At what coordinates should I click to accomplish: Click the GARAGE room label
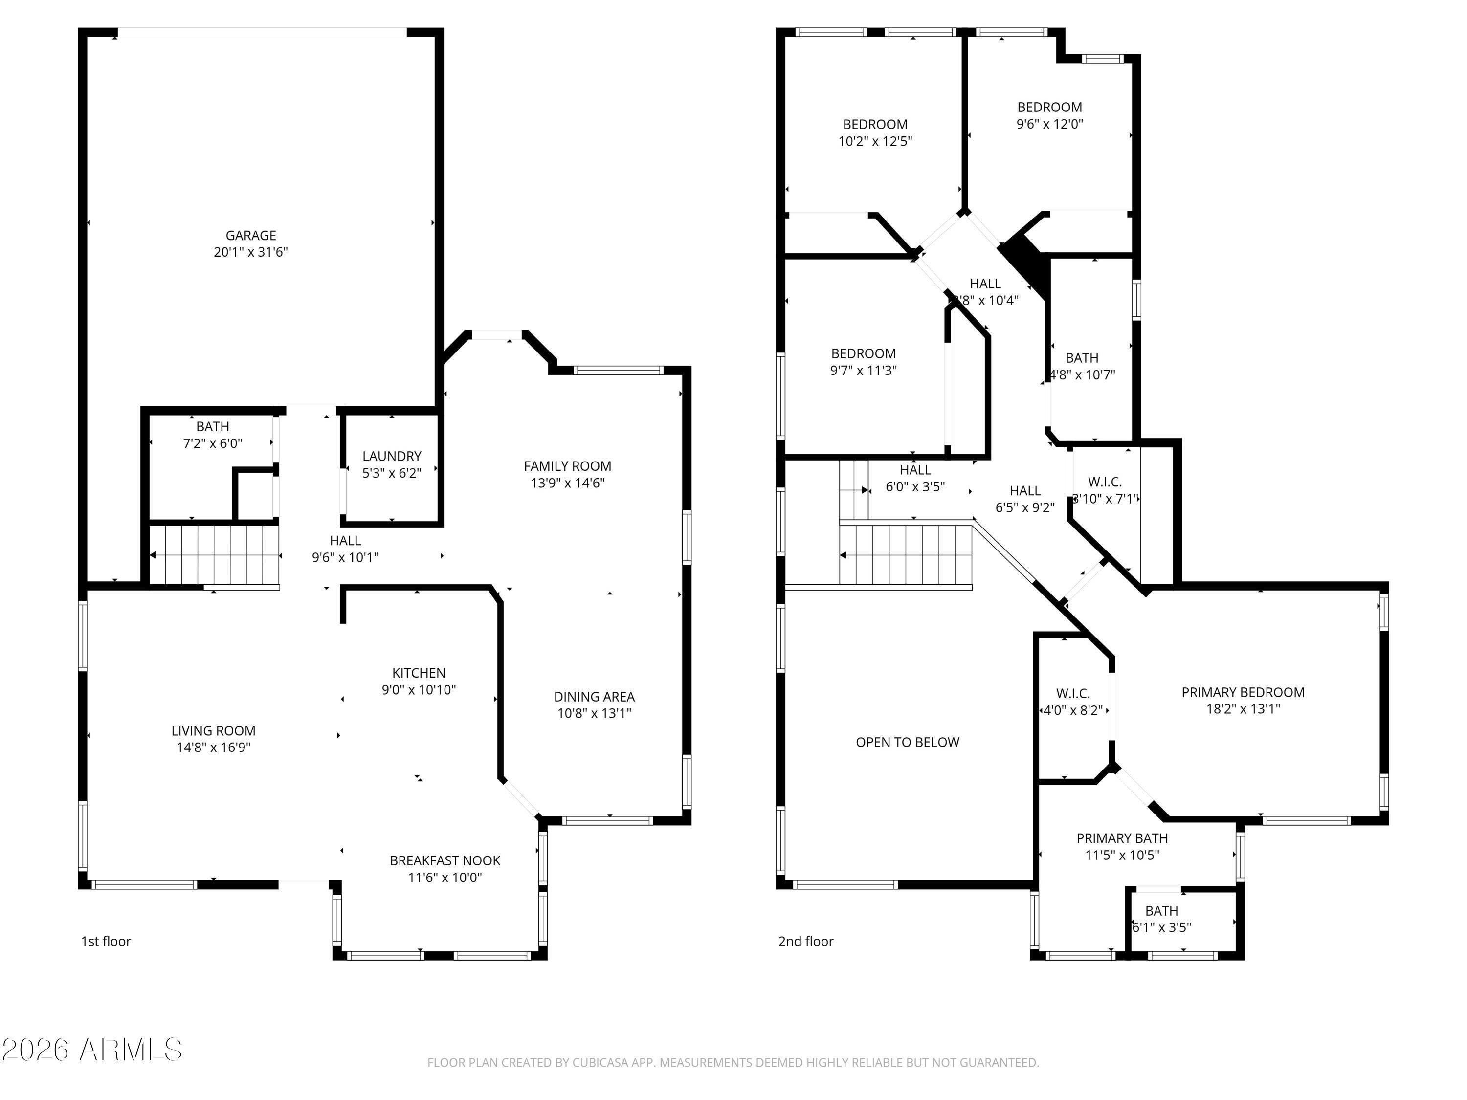coord(251,235)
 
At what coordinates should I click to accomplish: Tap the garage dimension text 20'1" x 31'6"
coord(251,252)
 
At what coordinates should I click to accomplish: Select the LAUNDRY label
coord(392,456)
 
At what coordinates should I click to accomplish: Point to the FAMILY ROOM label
coord(568,466)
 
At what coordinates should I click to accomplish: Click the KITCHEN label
coord(419,673)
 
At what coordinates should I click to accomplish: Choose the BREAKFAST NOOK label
coord(445,860)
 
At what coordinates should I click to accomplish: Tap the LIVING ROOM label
coord(214,731)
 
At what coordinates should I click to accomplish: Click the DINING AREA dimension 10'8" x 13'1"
coord(594,713)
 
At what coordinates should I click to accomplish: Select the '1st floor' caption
coord(106,942)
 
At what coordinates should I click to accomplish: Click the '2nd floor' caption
coord(806,942)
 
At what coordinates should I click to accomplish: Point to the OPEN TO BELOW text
coord(907,743)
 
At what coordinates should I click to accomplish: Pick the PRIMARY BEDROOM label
coord(1243,692)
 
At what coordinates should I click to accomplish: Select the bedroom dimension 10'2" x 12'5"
coord(875,141)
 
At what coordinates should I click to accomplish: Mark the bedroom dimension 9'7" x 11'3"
coord(864,371)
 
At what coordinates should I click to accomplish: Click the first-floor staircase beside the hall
coord(214,554)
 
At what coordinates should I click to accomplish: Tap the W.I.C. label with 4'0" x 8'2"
coord(1073,694)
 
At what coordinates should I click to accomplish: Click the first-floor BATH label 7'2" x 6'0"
coord(213,427)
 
